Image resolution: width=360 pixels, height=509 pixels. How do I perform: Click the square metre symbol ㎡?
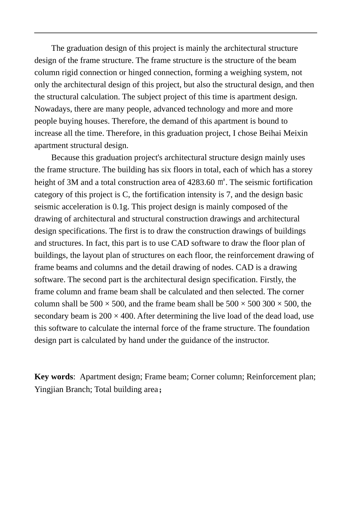[222, 182]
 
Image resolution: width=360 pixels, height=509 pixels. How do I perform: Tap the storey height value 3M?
[72, 182]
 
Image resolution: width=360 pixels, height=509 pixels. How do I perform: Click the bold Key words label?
[53, 377]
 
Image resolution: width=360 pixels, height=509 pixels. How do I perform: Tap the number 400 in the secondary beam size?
[127, 316]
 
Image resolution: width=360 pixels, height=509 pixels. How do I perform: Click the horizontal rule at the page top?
[175, 33]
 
